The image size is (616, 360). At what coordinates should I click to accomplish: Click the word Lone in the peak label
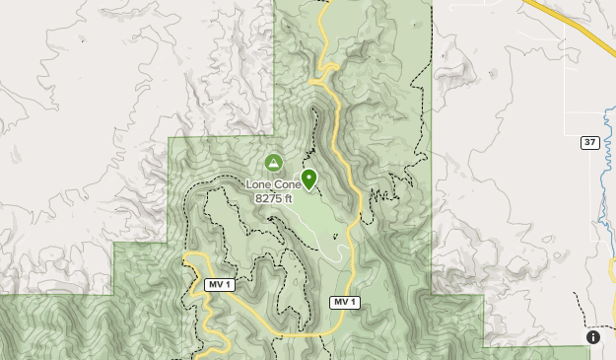click(x=259, y=184)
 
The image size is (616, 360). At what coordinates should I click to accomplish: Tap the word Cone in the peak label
click(x=287, y=184)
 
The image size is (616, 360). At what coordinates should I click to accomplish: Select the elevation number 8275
click(x=269, y=198)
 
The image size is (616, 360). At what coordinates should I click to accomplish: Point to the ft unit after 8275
click(x=289, y=198)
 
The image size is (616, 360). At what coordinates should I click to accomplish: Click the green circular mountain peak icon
click(x=273, y=162)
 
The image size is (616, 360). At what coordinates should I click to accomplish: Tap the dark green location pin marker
click(x=308, y=179)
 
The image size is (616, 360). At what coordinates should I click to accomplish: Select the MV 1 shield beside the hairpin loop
click(x=219, y=284)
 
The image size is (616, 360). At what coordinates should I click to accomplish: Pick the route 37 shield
click(x=589, y=142)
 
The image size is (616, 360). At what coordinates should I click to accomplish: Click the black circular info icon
click(x=593, y=337)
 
